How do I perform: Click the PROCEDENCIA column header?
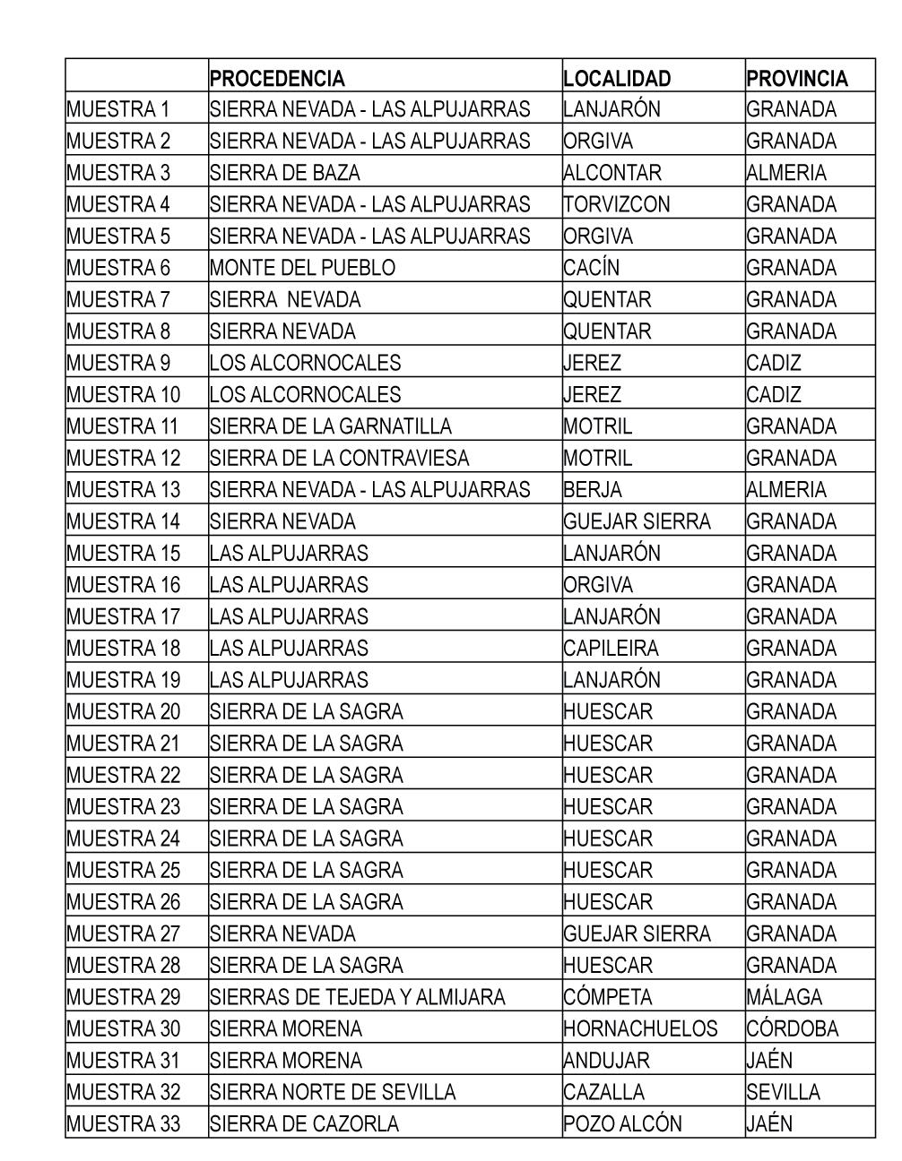point(277,79)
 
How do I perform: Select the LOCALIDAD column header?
point(617,79)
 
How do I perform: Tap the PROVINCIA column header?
point(796,79)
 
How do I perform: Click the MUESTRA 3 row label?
point(118,173)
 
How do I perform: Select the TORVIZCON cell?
point(617,204)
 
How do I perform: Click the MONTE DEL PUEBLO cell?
point(302,268)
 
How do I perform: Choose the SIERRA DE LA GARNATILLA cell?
point(331,426)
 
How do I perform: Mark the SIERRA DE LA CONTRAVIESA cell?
point(340,458)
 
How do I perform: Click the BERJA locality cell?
point(593,490)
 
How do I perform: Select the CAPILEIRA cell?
point(611,648)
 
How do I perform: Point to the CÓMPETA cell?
point(608,997)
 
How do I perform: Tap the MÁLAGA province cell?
point(784,997)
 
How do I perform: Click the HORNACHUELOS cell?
point(640,1028)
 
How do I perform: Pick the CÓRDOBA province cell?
point(792,1028)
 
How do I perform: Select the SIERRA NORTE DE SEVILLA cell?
point(333,1092)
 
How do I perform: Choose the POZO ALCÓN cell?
point(622,1123)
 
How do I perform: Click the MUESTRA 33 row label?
point(123,1123)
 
